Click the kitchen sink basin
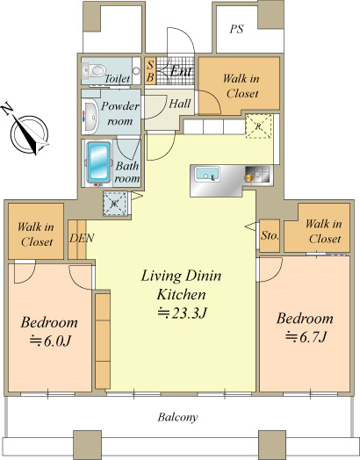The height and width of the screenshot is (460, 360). (207, 175)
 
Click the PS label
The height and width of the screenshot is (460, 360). (236, 29)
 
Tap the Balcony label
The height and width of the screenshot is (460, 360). (177, 417)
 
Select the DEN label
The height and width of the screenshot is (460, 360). (82, 238)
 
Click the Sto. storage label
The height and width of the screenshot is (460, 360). (270, 235)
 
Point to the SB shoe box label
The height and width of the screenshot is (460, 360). (150, 71)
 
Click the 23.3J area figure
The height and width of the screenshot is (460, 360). (183, 313)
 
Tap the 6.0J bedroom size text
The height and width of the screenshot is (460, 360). (50, 341)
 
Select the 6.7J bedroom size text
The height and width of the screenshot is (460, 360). (306, 337)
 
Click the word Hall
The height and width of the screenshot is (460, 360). (180, 104)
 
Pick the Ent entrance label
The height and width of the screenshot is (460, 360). (181, 71)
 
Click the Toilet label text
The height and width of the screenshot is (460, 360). (117, 79)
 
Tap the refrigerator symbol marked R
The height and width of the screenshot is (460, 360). (258, 126)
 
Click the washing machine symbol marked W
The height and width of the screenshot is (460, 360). (115, 204)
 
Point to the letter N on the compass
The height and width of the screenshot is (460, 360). (7, 108)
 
